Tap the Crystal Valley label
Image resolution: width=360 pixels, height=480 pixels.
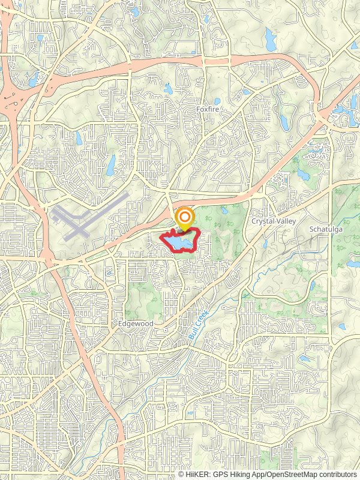point(271,221)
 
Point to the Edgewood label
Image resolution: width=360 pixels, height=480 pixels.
point(136,323)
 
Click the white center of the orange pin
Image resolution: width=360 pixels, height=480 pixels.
point(185,217)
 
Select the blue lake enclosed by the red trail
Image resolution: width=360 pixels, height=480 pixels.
point(179,241)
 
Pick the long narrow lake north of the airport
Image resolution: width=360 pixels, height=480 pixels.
point(111,165)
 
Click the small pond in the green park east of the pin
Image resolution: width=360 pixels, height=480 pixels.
point(223,211)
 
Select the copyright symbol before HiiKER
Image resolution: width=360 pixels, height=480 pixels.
point(181,474)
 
